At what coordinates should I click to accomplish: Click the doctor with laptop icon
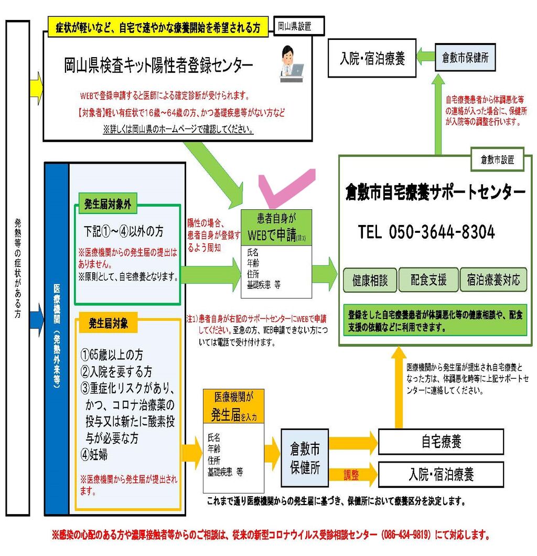(x=291, y=64)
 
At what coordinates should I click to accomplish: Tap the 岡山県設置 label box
(x=298, y=26)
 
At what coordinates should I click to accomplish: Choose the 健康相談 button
(x=370, y=281)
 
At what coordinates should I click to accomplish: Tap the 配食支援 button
(x=428, y=281)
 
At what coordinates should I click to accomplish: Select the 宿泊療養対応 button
(x=493, y=281)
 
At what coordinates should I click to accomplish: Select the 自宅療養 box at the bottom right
(x=441, y=442)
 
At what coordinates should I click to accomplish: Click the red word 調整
(x=351, y=475)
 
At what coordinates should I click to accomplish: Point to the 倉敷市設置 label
(x=497, y=159)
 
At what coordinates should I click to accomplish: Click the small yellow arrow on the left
(x=36, y=84)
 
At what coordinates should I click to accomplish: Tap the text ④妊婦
(x=94, y=455)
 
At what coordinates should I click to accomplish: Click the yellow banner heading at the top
(x=158, y=28)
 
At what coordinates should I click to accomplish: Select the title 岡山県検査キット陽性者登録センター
(x=158, y=66)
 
